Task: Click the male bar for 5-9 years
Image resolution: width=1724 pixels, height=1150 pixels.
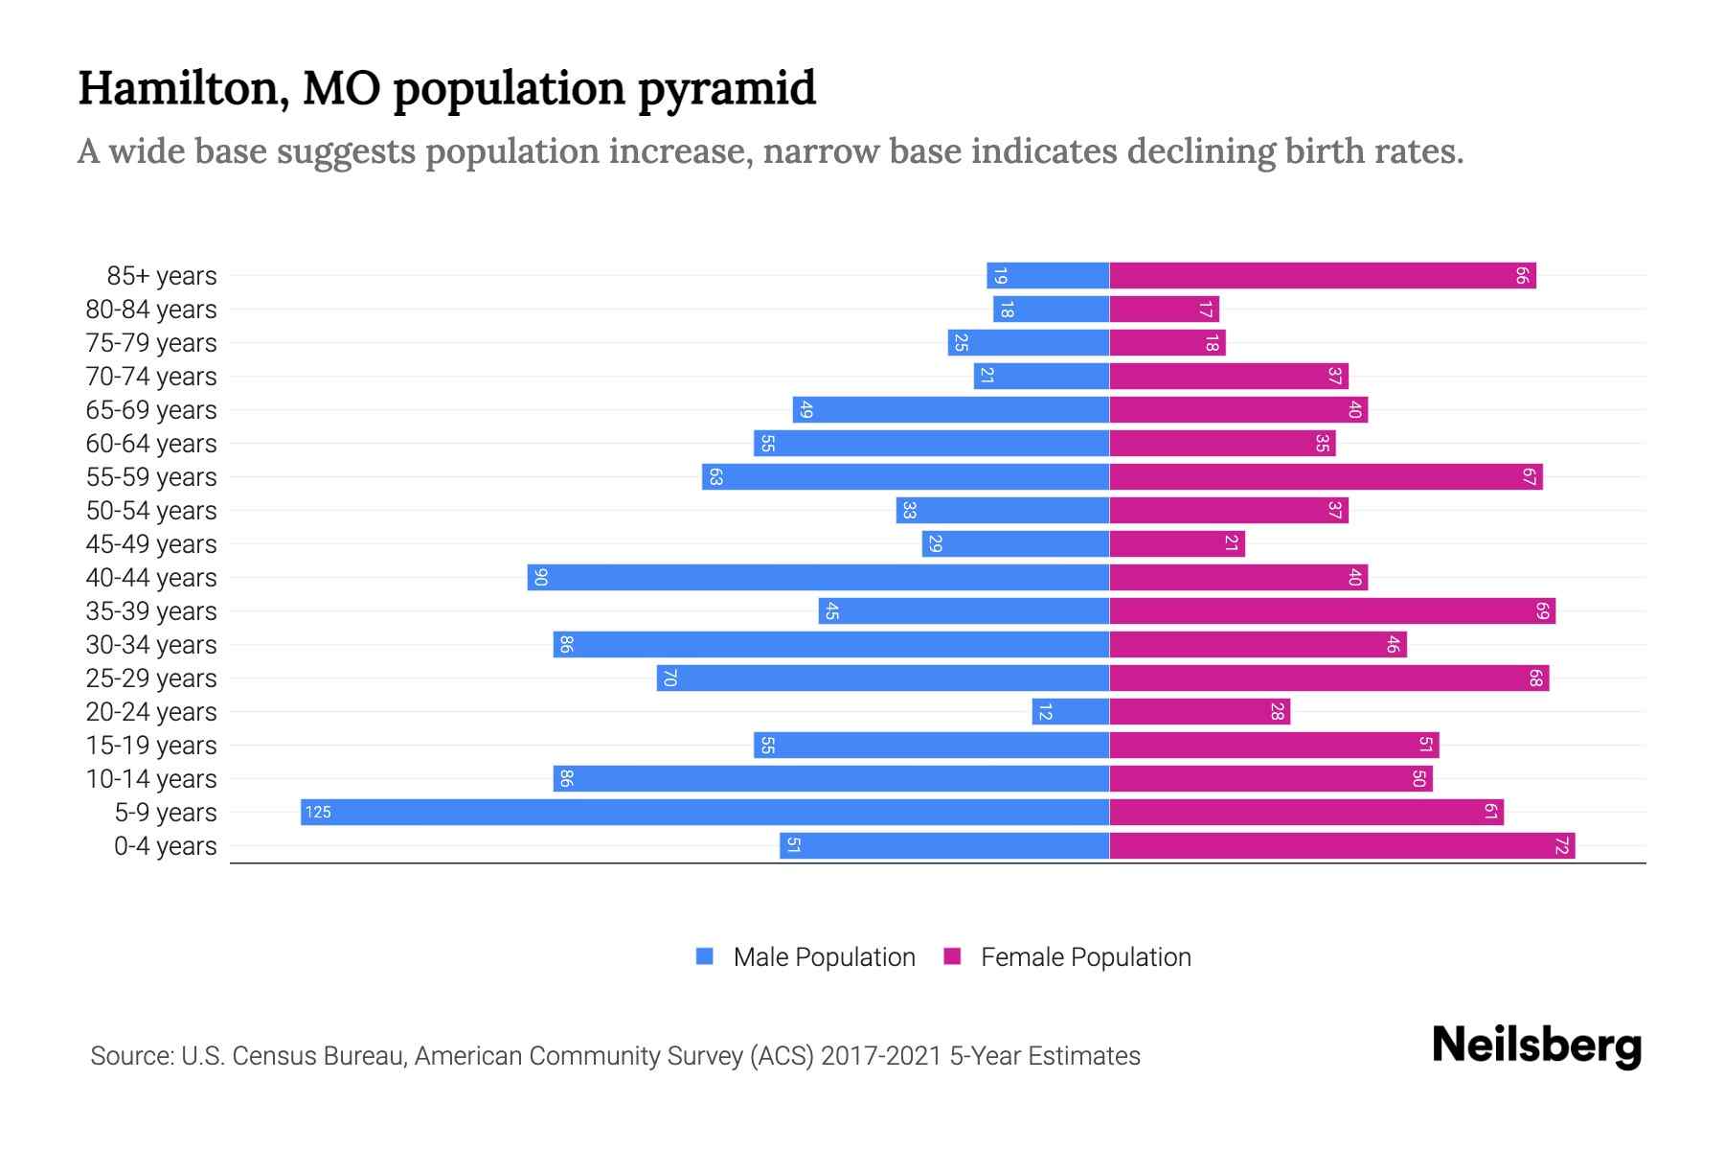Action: click(705, 812)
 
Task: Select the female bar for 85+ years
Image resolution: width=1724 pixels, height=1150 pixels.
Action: click(1322, 276)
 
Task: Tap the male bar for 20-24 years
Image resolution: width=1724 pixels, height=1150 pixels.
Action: click(1071, 711)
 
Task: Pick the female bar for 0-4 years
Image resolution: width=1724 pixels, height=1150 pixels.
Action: click(1341, 845)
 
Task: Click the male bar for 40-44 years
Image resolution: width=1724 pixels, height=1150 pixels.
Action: click(818, 577)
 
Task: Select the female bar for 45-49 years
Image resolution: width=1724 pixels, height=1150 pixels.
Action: click(1176, 543)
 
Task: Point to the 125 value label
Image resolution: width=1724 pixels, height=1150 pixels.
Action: click(318, 813)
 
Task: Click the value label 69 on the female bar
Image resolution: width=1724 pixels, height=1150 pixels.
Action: click(1542, 610)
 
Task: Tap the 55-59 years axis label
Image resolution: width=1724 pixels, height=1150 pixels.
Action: click(151, 477)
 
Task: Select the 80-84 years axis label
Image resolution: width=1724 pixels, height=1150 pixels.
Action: click(151, 310)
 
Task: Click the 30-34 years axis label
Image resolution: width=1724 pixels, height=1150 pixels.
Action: click(151, 645)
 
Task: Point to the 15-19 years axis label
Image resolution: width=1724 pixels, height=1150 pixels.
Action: click(151, 746)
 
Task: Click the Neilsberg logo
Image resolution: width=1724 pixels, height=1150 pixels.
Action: click(1536, 1046)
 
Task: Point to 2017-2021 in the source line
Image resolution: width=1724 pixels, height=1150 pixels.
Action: click(881, 1055)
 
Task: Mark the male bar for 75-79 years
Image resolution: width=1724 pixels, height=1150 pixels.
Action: click(1029, 343)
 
